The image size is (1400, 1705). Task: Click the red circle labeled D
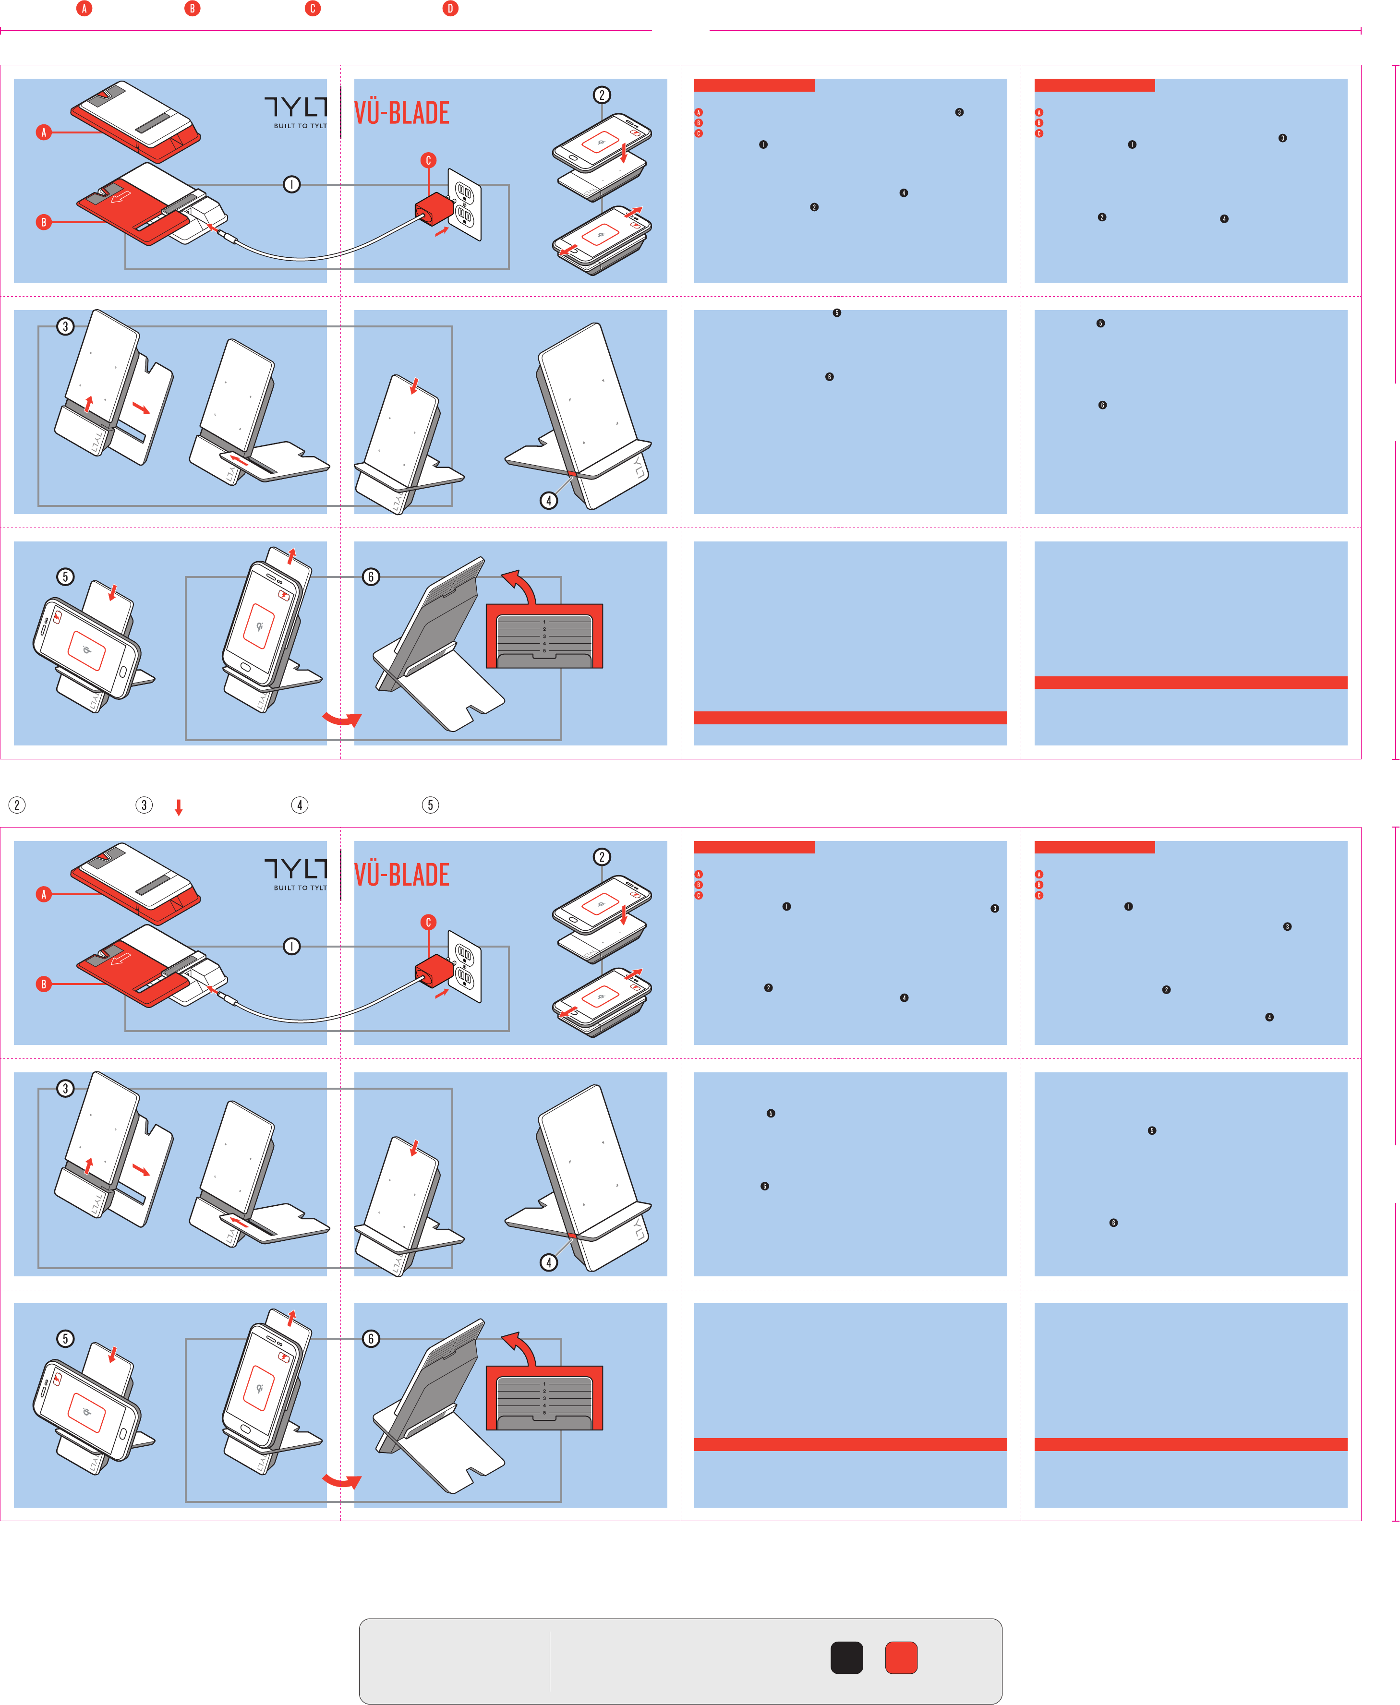pyautogui.click(x=450, y=9)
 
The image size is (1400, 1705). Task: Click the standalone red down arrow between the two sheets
pyautogui.click(x=179, y=807)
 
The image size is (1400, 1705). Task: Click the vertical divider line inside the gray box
pyautogui.click(x=550, y=1661)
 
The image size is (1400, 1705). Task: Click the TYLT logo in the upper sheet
pyautogui.click(x=296, y=107)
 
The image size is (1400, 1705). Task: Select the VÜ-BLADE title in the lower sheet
pyautogui.click(x=402, y=875)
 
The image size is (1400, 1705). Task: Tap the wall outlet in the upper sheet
pyautogui.click(x=465, y=204)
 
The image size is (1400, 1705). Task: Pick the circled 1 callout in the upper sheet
pyautogui.click(x=292, y=185)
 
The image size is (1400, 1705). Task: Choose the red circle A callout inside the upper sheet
pyautogui.click(x=44, y=132)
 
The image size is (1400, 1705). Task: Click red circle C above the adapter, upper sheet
pyautogui.click(x=428, y=160)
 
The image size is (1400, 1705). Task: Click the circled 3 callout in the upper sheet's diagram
pyautogui.click(x=65, y=326)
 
